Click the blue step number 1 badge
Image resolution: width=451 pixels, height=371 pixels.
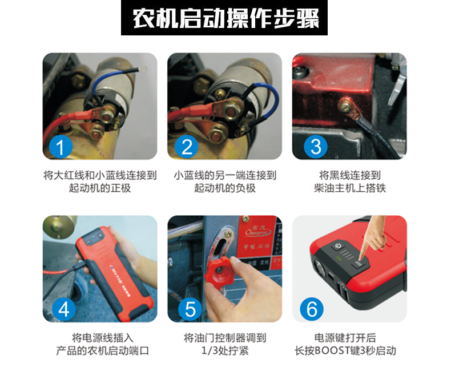[61, 147]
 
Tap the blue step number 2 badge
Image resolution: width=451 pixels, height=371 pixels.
[187, 147]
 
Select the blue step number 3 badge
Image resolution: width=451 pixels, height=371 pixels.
[316, 147]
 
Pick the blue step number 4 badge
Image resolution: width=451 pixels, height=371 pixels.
[64, 309]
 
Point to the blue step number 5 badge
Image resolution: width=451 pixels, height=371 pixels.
[190, 309]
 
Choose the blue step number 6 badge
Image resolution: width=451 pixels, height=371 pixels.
[312, 309]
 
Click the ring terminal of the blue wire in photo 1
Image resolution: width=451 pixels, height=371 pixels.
[142, 68]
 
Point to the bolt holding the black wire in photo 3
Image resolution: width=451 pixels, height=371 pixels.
[345, 106]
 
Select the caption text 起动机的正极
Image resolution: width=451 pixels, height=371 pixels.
[100, 188]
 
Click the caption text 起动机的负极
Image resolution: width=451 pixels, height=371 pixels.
[225, 188]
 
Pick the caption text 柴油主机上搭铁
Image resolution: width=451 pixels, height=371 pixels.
[350, 188]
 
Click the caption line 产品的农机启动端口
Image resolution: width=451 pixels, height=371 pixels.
[102, 351]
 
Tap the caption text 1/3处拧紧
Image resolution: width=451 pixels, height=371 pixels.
[225, 351]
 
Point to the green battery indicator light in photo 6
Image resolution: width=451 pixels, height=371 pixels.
[340, 258]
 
